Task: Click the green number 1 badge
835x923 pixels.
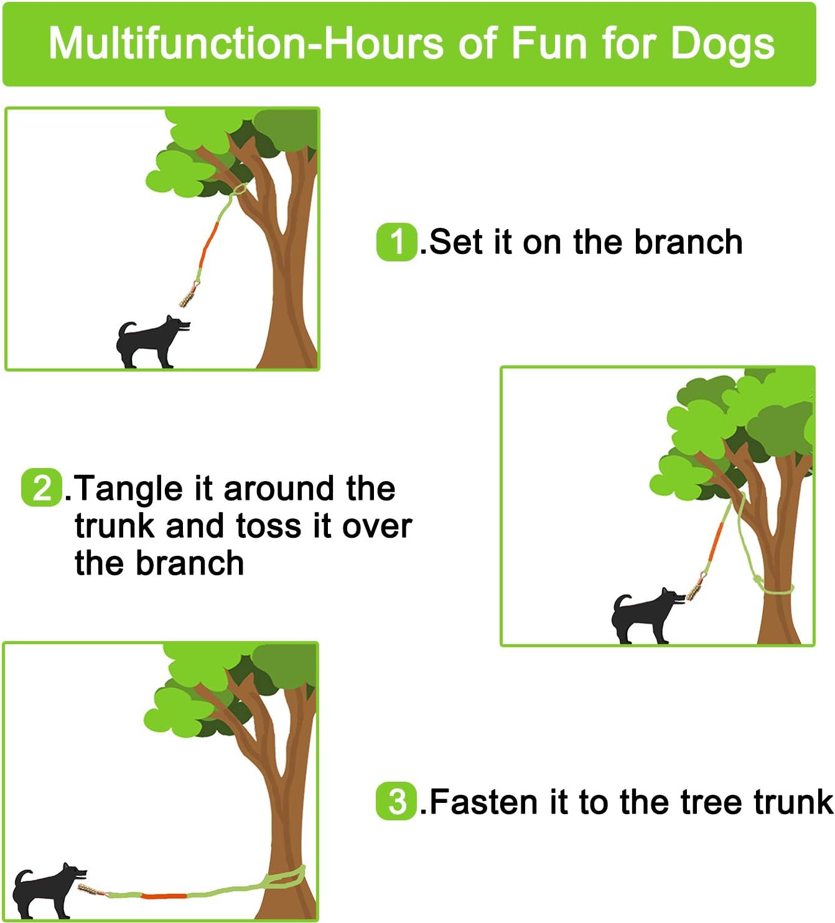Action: [396, 241]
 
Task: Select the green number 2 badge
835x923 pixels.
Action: [42, 487]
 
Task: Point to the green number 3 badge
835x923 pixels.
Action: [396, 802]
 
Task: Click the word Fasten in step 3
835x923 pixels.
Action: [485, 802]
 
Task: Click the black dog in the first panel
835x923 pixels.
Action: [149, 342]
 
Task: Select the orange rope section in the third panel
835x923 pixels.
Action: [163, 896]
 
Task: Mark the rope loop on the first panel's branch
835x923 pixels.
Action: [237, 190]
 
